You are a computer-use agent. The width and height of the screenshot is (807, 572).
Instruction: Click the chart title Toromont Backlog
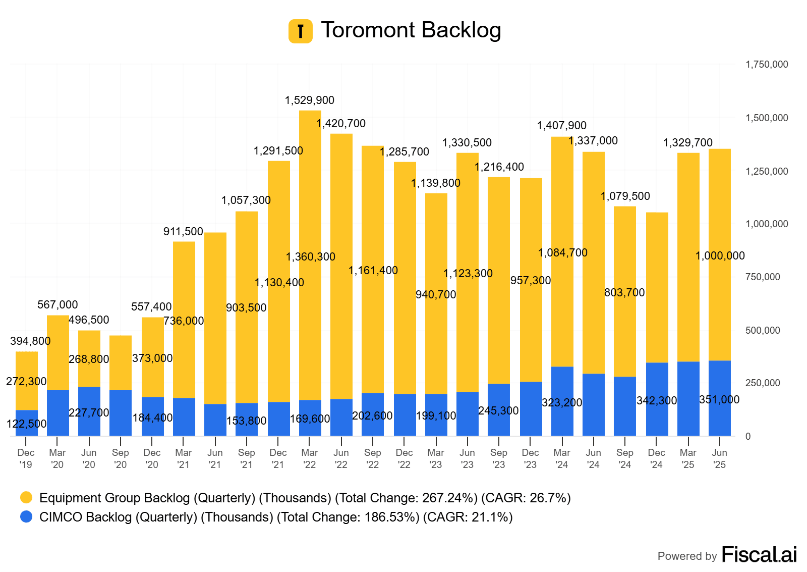coord(411,30)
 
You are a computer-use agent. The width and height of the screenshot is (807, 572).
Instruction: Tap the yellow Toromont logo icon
coord(301,31)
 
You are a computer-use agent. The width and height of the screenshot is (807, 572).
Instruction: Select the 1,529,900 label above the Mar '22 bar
coord(310,100)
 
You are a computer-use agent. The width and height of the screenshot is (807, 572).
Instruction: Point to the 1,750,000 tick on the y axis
coord(767,65)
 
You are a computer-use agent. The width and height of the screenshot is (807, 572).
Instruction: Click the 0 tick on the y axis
coord(748,436)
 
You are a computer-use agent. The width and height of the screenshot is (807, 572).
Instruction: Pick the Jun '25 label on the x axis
coord(719,458)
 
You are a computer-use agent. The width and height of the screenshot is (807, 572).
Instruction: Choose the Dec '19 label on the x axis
coord(26,458)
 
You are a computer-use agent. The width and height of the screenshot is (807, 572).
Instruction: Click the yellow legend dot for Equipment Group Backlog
coord(26,498)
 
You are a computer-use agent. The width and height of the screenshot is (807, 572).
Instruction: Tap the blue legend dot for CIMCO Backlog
coord(26,517)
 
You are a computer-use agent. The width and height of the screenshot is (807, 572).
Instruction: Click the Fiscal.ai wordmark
coord(759,554)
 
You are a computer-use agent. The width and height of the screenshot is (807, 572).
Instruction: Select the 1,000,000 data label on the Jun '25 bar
coord(720,256)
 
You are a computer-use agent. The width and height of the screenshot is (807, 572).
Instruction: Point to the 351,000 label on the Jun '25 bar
coord(719,400)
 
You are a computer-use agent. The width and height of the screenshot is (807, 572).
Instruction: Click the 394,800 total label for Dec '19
coord(30,341)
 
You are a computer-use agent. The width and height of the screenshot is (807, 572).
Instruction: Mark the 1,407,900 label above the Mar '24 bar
coord(562,126)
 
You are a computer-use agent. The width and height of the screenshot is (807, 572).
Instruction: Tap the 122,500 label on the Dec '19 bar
coord(26,424)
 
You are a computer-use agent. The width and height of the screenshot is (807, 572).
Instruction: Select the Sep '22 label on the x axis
coord(373,458)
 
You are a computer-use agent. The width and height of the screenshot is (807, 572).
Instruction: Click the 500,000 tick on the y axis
coord(763,330)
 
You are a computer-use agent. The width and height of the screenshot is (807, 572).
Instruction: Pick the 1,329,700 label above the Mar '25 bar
coord(688,143)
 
